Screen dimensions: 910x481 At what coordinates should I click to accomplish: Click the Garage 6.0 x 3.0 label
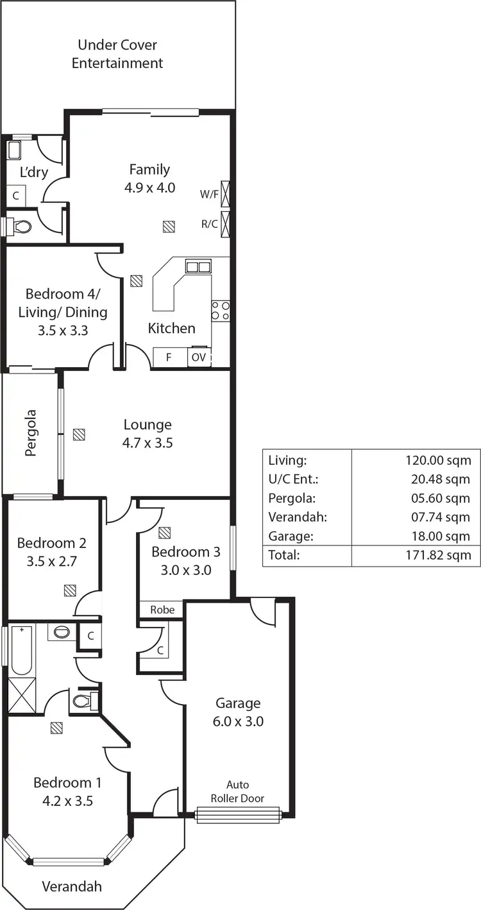(237, 712)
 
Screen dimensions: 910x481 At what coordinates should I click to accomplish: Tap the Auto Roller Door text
(237, 792)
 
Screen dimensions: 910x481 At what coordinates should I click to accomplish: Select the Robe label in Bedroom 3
(162, 610)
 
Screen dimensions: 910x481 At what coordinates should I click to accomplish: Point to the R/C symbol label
(208, 224)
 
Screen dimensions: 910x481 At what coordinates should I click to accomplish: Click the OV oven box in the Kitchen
(199, 357)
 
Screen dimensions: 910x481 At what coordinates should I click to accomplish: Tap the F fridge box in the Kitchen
(169, 357)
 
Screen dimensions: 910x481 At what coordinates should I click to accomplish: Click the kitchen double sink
(198, 266)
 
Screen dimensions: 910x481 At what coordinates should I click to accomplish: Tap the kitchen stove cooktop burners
(221, 311)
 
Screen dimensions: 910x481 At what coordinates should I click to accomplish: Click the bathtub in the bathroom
(21, 651)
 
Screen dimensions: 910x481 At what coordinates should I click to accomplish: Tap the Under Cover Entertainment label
(117, 54)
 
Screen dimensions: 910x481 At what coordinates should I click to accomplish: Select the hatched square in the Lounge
(79, 434)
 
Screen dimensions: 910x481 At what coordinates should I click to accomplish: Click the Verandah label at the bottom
(72, 887)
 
